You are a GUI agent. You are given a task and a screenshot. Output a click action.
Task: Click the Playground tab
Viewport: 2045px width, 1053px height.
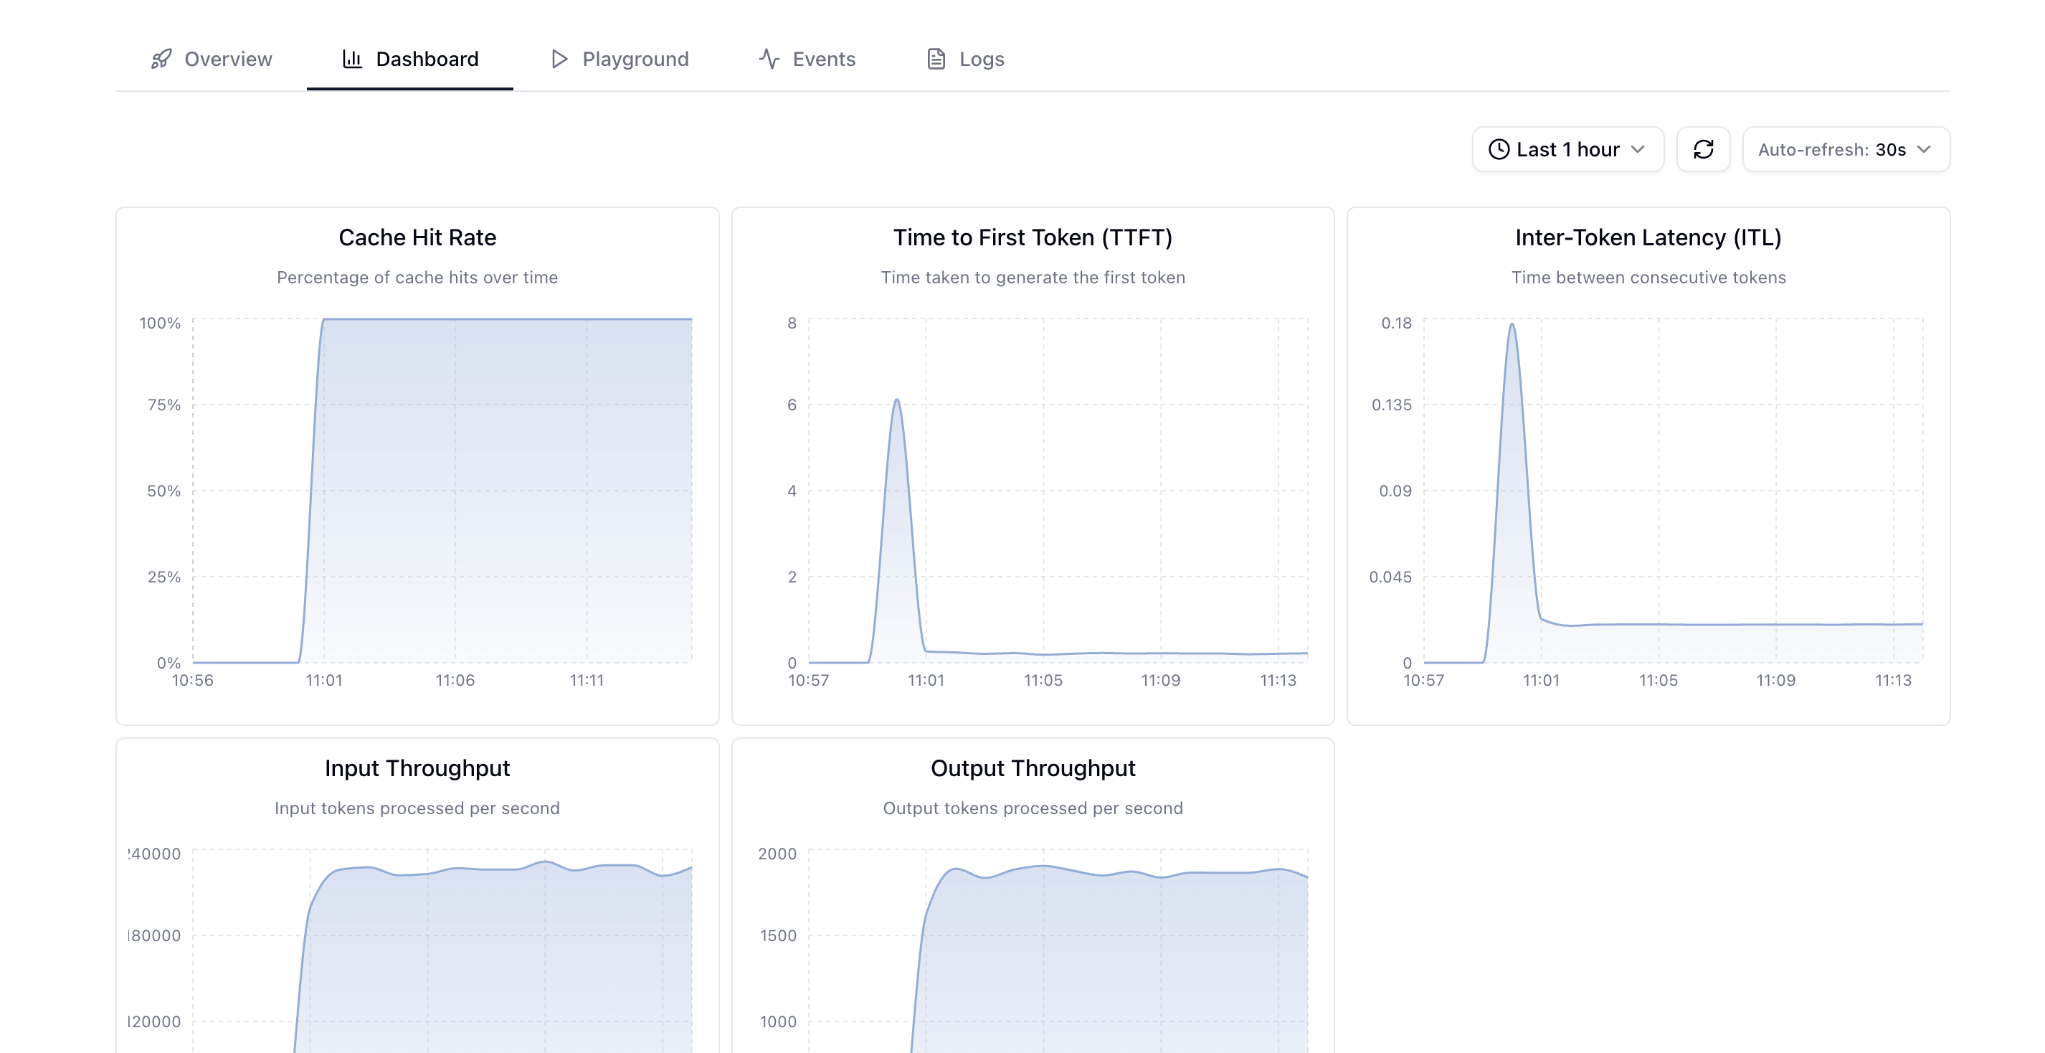(620, 59)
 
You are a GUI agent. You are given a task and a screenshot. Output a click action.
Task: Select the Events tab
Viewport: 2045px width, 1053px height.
(807, 59)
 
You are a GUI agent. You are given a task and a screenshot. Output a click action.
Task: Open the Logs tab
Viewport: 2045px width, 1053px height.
(965, 59)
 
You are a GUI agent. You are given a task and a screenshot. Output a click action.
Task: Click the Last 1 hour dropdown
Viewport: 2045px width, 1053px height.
(1567, 149)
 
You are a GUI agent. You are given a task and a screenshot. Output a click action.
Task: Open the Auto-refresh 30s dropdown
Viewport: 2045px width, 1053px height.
(1845, 149)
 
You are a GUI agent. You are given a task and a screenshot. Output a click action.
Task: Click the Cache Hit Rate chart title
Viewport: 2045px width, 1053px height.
(417, 237)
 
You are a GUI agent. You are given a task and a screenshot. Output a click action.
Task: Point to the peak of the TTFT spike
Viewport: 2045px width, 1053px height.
(897, 400)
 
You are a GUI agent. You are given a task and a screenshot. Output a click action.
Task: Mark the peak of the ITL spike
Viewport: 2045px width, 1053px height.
(1512, 324)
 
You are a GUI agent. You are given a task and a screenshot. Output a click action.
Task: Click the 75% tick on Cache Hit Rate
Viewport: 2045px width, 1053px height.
(163, 405)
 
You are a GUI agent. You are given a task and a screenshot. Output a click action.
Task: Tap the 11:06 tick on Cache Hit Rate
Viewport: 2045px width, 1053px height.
(455, 681)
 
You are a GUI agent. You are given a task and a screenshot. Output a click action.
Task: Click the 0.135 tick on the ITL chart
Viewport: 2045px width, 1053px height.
(1392, 405)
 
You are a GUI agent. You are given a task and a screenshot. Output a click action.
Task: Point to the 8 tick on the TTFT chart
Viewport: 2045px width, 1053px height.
(792, 324)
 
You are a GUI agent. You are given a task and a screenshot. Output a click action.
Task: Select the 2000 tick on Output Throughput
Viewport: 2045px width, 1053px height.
(777, 854)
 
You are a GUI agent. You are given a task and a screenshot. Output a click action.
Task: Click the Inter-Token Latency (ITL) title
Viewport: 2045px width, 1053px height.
(1648, 237)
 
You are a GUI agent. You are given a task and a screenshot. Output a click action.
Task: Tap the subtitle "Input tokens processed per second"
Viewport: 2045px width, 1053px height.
(417, 808)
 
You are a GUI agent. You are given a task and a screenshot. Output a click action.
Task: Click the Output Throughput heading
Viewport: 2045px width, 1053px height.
(1033, 768)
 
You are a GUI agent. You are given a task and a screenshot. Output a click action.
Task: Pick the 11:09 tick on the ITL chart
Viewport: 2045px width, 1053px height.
(1775, 681)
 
